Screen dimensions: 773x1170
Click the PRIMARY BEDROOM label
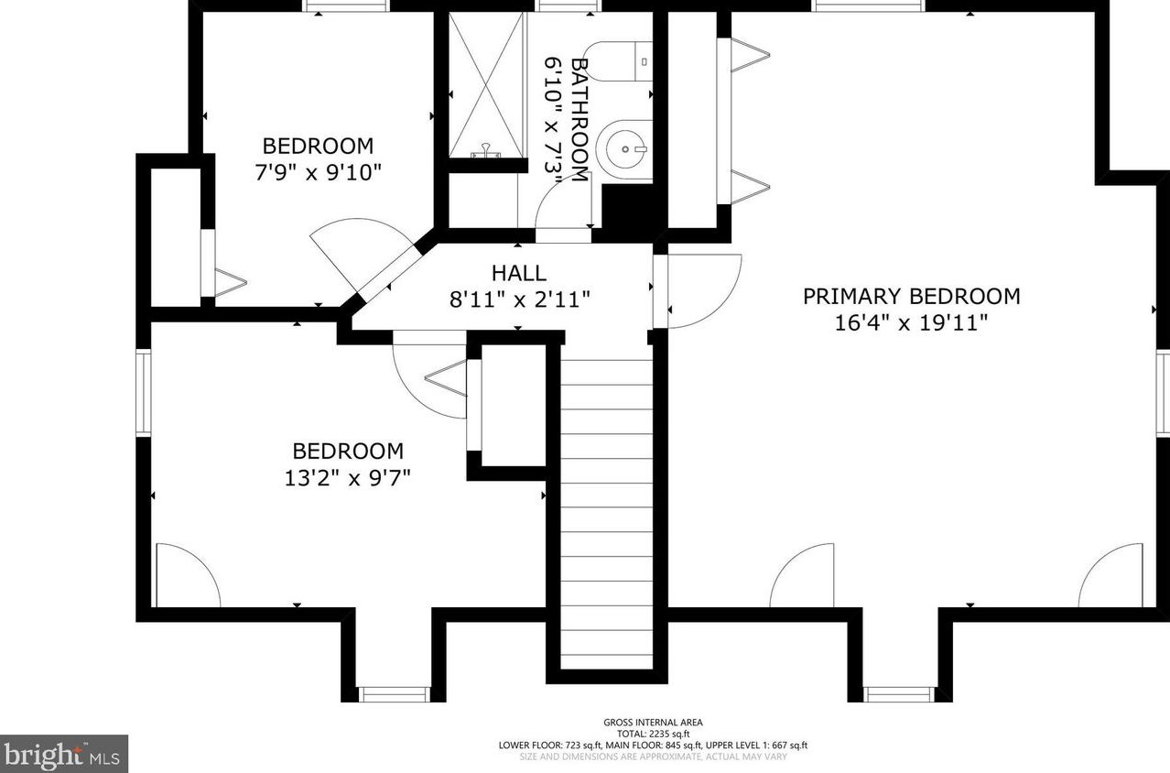click(911, 297)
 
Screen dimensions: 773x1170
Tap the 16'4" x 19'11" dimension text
click(911, 322)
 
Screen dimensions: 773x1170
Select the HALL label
click(518, 273)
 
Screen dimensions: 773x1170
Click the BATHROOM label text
click(579, 119)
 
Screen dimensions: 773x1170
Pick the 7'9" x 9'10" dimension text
click(318, 171)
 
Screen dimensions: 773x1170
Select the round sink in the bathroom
click(625, 147)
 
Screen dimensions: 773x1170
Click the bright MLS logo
click(63, 754)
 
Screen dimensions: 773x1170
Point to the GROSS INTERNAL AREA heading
click(653, 723)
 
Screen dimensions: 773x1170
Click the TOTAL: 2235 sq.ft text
click(653, 734)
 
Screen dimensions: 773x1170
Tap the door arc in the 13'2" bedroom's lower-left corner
click(186, 575)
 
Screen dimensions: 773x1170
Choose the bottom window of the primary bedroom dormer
click(898, 693)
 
